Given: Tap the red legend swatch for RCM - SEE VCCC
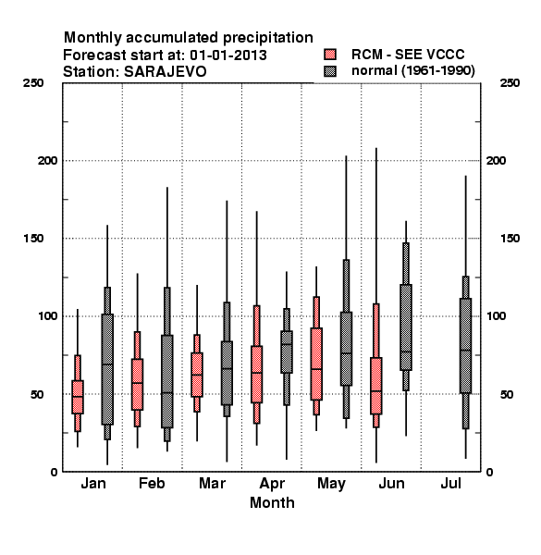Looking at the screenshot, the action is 330,55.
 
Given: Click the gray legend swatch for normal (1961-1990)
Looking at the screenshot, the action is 330,71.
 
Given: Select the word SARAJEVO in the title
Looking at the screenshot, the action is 166,72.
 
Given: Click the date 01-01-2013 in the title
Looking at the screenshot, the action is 228,55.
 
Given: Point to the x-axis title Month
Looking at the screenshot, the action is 272,502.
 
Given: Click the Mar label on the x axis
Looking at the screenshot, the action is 212,483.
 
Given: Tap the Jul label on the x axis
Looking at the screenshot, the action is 450,483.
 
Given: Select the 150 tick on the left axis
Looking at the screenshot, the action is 33,239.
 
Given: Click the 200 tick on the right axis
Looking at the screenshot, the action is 496,161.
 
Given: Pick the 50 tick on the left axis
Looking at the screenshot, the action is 37,394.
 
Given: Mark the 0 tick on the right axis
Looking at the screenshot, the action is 489,472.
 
